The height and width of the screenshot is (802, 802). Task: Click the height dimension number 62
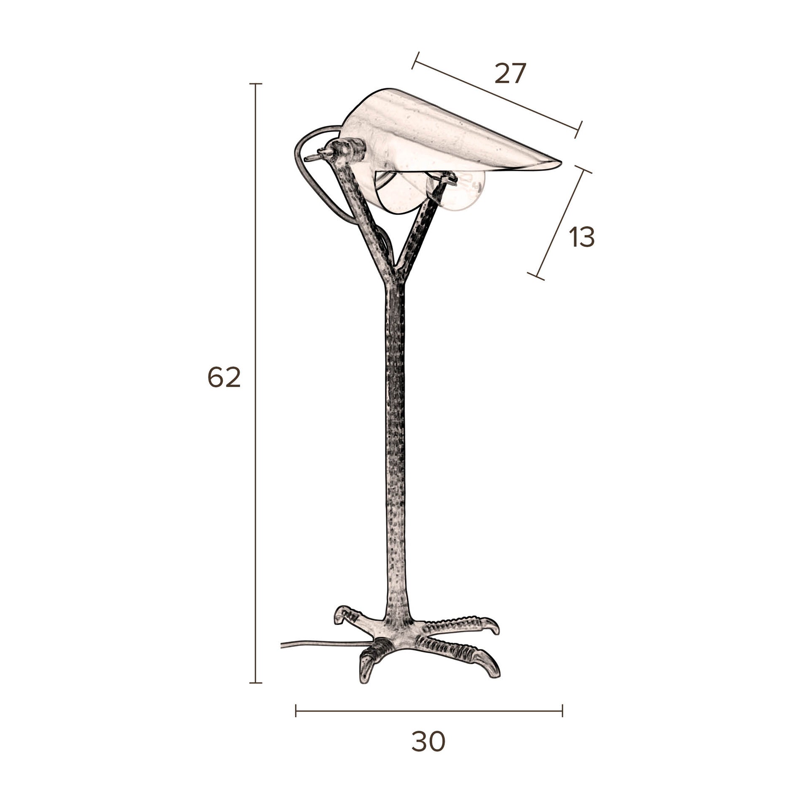point(224,377)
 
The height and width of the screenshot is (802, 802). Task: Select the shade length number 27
point(511,74)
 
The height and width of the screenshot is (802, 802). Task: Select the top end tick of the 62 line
point(256,84)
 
